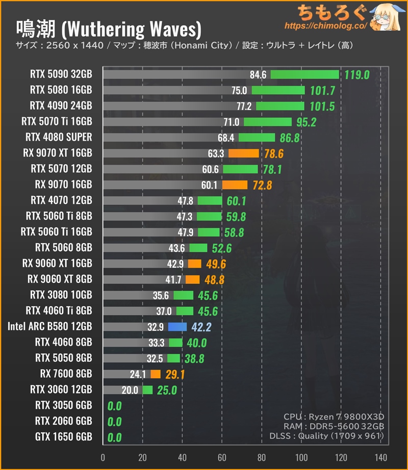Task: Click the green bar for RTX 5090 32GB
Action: click(304, 74)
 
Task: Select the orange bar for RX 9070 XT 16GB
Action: click(244, 153)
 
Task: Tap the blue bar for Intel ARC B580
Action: click(177, 326)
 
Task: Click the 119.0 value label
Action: click(357, 75)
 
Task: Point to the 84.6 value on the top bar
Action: click(258, 75)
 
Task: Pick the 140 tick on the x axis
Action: click(380, 457)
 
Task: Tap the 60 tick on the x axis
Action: click(222, 457)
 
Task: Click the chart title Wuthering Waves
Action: click(109, 29)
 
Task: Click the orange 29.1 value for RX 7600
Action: click(175, 375)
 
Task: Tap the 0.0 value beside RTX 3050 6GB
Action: click(114, 406)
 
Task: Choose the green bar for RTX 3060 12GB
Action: click(147, 390)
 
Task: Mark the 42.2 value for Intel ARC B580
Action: click(201, 327)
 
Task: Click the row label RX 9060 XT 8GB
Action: click(60, 279)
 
